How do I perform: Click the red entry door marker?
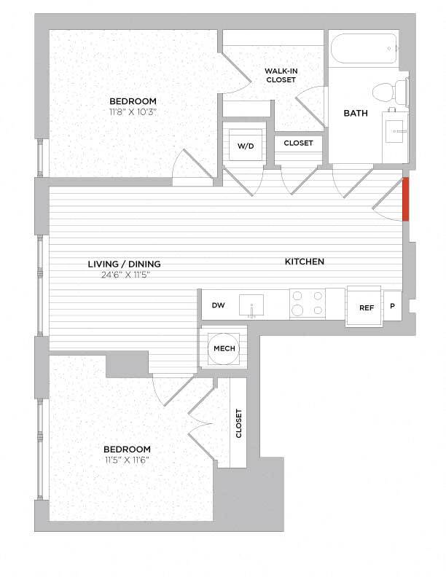pos(406,198)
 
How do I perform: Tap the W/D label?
pos(246,146)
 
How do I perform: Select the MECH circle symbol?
pos(224,349)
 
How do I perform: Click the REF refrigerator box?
pos(366,307)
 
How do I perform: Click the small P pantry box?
pos(392,306)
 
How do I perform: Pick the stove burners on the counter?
pos(308,303)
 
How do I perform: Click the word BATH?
pos(356,113)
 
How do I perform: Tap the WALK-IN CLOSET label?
pos(281,75)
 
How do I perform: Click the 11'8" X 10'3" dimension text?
pos(133,112)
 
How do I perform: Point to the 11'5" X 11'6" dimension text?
pos(127,460)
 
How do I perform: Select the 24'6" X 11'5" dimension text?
pos(124,275)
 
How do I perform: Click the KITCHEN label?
pos(305,261)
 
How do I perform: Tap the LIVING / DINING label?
pos(124,264)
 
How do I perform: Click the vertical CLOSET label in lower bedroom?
pos(238,423)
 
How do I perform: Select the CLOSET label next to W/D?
pos(298,143)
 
